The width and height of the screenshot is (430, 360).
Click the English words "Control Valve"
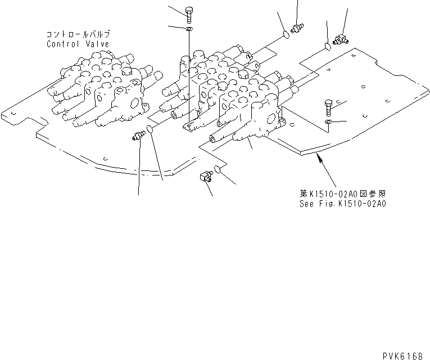78,44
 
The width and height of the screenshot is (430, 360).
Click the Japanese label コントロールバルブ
78,34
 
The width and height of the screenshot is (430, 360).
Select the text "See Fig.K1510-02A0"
343,204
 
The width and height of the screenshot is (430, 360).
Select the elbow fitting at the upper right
339,39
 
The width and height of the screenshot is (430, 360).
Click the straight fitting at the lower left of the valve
137,136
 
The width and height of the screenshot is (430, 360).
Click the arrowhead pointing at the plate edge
320,160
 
